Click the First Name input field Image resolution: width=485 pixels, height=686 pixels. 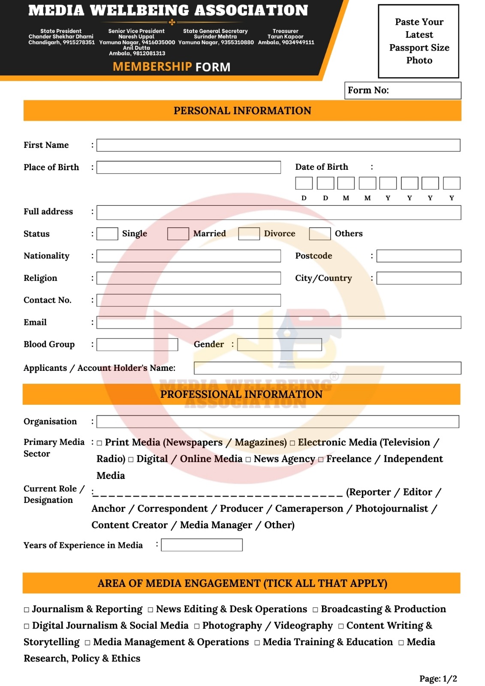[x=278, y=145]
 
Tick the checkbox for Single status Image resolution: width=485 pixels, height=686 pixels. [x=107, y=234]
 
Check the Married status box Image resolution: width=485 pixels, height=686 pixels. [x=178, y=234]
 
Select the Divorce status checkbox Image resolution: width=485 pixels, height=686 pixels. [x=249, y=234]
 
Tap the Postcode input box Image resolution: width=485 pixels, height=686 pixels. [x=419, y=256]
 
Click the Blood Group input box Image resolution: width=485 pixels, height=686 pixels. [x=137, y=345]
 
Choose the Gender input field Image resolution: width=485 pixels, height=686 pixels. [x=279, y=345]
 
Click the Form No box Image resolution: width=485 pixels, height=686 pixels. [x=402, y=90]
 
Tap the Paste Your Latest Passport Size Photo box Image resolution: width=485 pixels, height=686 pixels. [x=419, y=41]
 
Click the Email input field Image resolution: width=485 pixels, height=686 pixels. [x=278, y=322]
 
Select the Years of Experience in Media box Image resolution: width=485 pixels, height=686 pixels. [x=202, y=545]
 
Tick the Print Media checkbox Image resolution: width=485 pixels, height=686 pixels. [x=99, y=443]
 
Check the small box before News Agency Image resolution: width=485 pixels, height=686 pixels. [x=248, y=460]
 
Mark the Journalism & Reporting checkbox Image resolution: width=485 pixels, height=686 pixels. [x=27, y=610]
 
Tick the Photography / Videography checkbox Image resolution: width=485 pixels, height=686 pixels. [x=197, y=626]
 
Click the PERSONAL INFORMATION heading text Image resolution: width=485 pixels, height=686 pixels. [x=242, y=111]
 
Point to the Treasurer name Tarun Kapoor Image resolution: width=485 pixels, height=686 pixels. [x=286, y=37]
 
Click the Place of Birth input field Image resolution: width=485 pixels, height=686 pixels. [x=188, y=167]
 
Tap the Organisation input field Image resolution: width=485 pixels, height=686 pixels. [x=277, y=421]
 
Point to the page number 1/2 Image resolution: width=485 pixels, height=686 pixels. [x=449, y=679]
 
